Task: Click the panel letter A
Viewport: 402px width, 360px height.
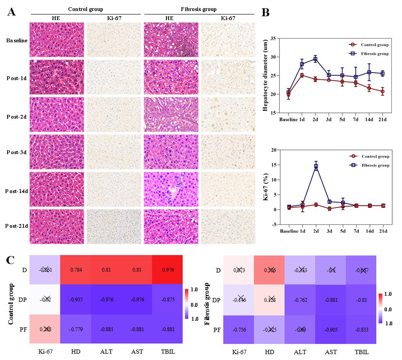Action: pos(12,12)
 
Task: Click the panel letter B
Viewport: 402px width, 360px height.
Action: pos(265,12)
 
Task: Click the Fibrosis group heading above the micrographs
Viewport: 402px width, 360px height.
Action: pos(199,9)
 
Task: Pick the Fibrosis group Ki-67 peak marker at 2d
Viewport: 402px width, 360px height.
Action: pos(316,166)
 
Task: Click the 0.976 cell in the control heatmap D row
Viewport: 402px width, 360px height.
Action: pos(167,270)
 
